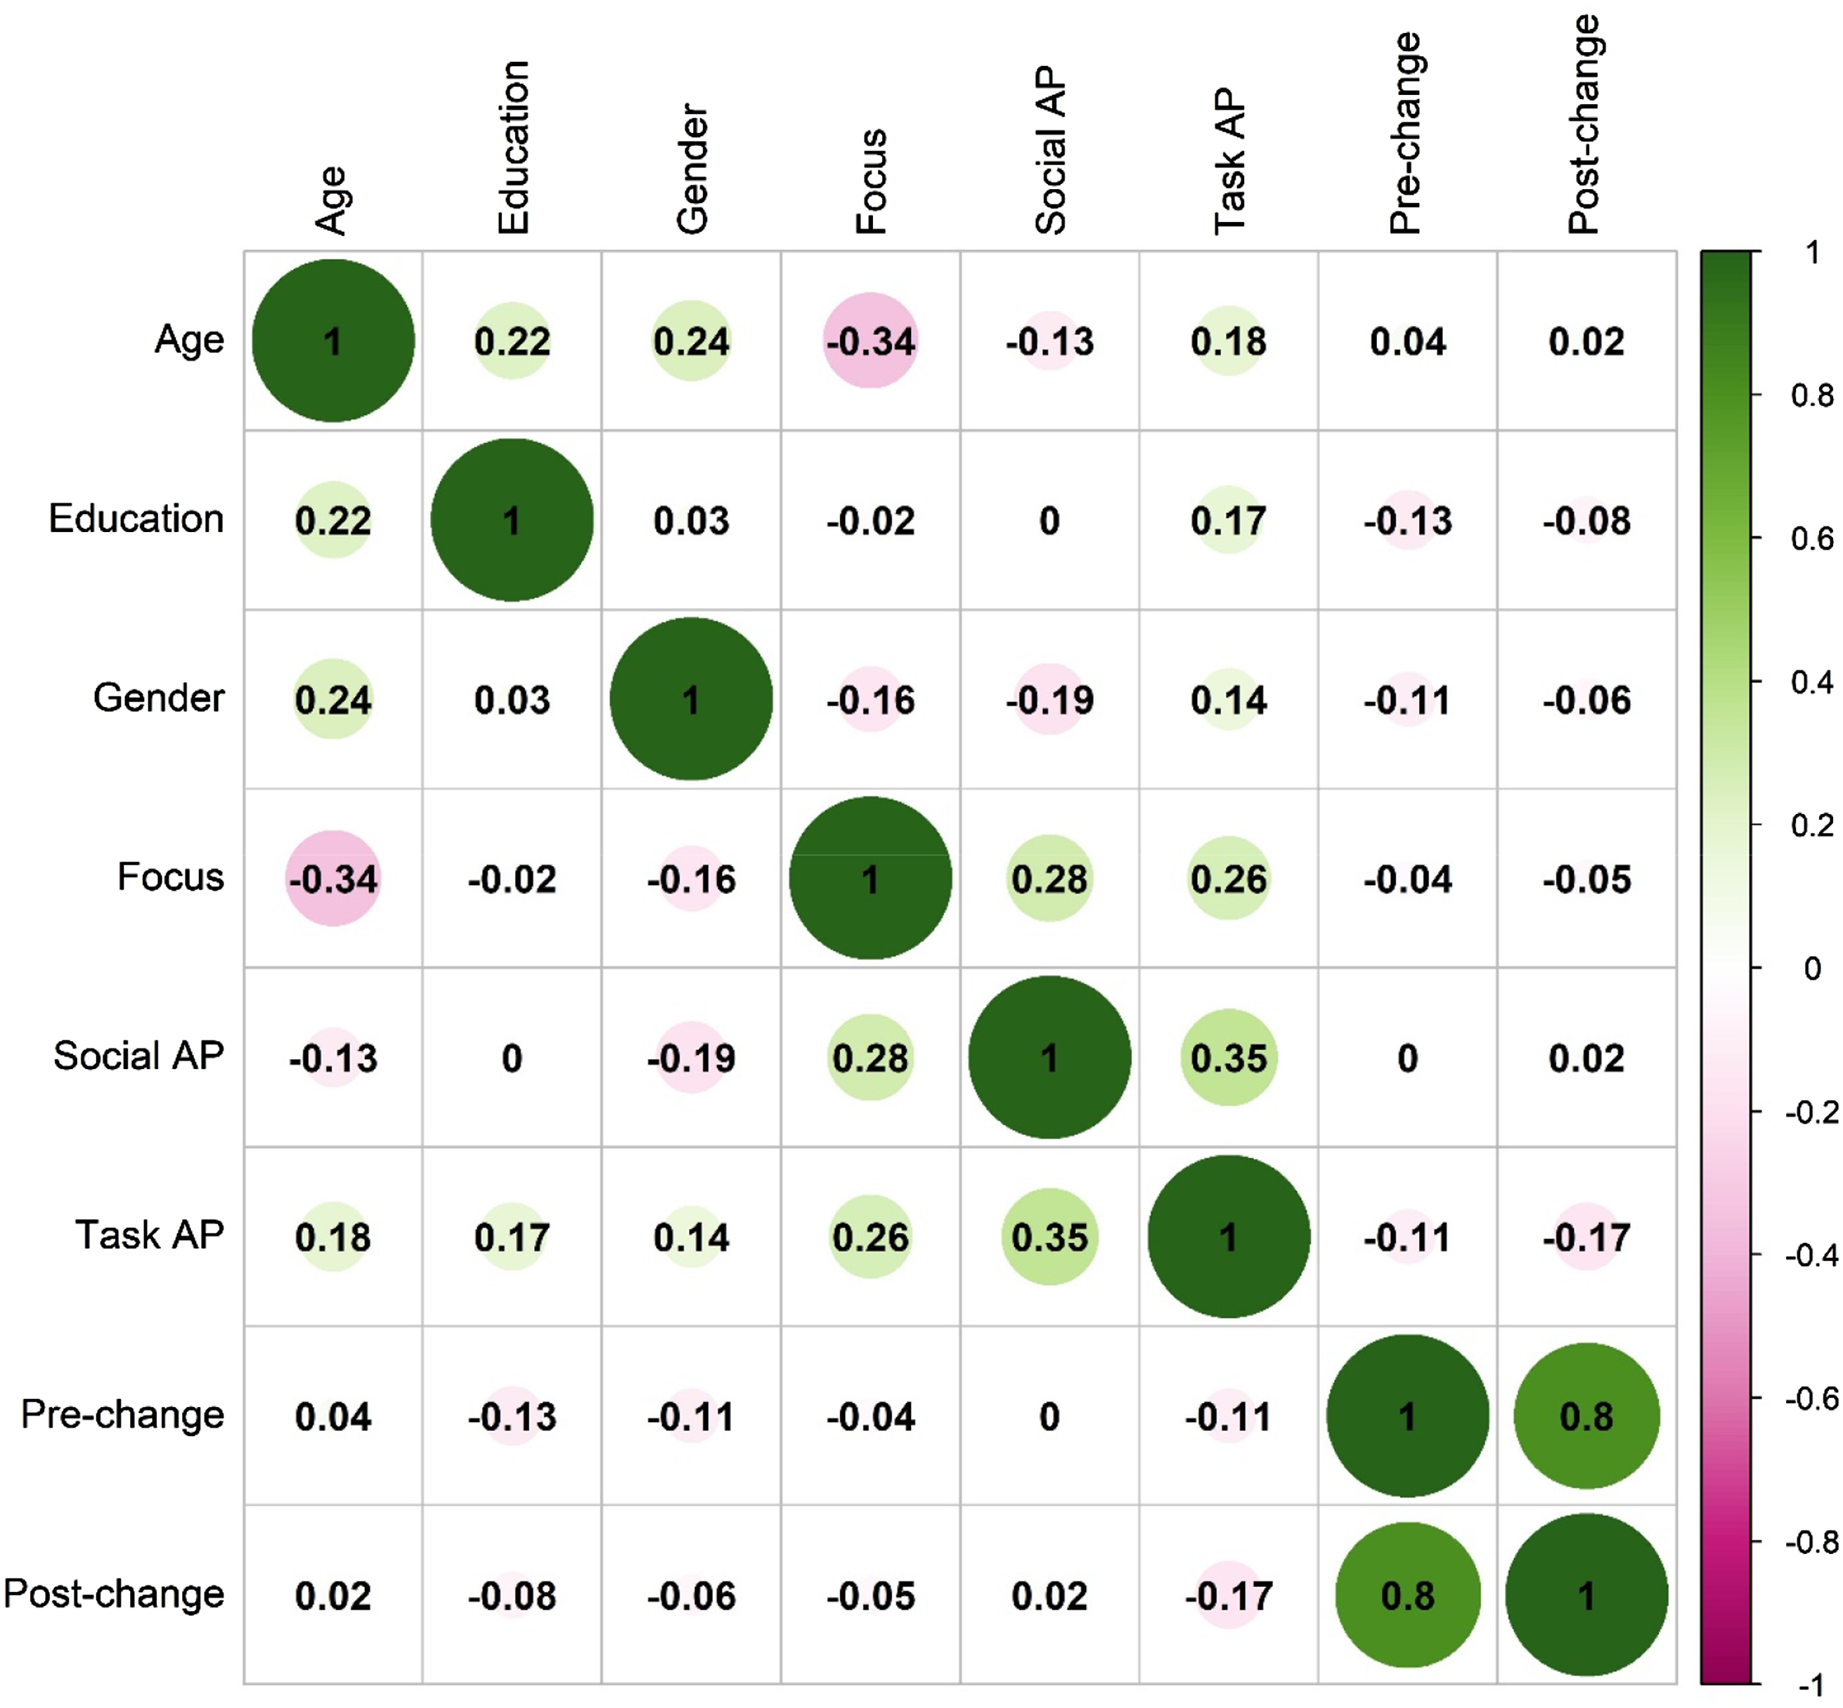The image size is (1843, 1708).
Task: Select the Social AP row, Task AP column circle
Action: pyautogui.click(x=1229, y=1057)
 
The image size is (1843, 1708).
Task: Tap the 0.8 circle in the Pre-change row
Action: pyautogui.click(x=1586, y=1416)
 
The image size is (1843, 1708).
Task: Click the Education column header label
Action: pyautogui.click(x=513, y=147)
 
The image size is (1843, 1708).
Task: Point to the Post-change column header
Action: pyautogui.click(x=1585, y=125)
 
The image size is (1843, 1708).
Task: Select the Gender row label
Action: pyautogui.click(x=159, y=698)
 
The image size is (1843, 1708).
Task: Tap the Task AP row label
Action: pyautogui.click(x=150, y=1235)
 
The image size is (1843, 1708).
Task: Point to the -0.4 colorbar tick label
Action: pyautogui.click(x=1811, y=1256)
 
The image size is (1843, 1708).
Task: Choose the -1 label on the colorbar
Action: pyautogui.click(x=1811, y=1685)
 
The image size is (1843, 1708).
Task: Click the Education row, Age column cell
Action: pyautogui.click(x=332, y=519)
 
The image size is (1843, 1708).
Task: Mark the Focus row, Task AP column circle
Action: pyautogui.click(x=1229, y=878)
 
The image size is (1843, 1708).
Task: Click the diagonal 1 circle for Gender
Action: pyautogui.click(x=692, y=699)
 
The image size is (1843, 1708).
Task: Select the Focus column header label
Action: pyautogui.click(x=871, y=181)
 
